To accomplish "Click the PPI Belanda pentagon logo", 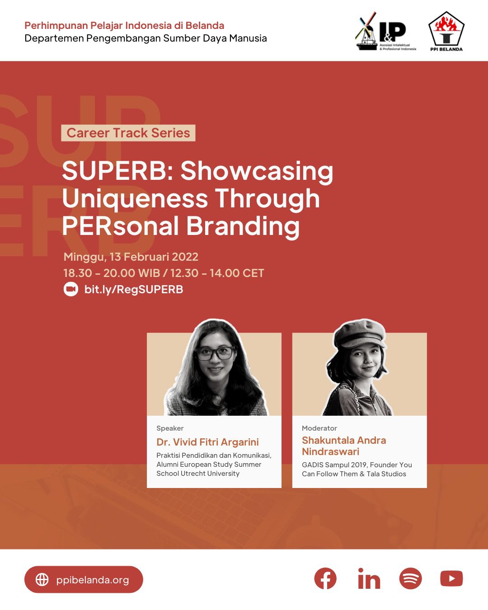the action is (446, 32).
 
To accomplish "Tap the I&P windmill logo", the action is (385, 31).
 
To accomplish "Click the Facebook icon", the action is (325, 578).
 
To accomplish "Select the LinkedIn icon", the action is (369, 578).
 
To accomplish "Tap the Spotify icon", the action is (410, 578).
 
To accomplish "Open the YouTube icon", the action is (451, 578).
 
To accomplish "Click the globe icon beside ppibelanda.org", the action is (42, 579).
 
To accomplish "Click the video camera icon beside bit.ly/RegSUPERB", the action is (70, 289).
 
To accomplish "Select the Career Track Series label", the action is (128, 133).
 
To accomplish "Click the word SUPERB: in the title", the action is (117, 171).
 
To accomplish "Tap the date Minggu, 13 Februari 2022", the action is (131, 257).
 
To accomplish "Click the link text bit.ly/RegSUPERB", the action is (134, 289).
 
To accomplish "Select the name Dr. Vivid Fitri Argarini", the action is (207, 442).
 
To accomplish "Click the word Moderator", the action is (319, 428).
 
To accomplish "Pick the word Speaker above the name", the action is (170, 428).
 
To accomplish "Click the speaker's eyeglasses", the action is (216, 353).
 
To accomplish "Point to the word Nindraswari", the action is (331, 451).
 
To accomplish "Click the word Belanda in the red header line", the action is (205, 25).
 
